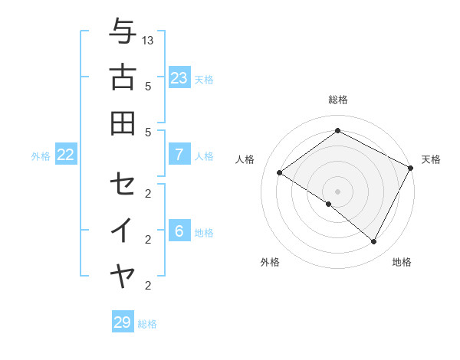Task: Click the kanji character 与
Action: pyautogui.click(x=123, y=32)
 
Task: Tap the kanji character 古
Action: pyautogui.click(x=123, y=77)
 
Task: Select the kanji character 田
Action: pyautogui.click(x=123, y=123)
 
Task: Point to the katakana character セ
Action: pyautogui.click(x=123, y=184)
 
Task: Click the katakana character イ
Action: pyautogui.click(x=123, y=230)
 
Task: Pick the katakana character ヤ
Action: pyautogui.click(x=123, y=275)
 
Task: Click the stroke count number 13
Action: pyautogui.click(x=149, y=40)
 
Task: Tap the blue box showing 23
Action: pyautogui.click(x=179, y=77)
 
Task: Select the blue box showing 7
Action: pyautogui.click(x=179, y=155)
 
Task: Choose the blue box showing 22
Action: pyautogui.click(x=65, y=155)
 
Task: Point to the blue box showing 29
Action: pyautogui.click(x=122, y=322)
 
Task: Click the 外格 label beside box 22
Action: pyautogui.click(x=41, y=156)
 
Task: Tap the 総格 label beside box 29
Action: pyautogui.click(x=147, y=324)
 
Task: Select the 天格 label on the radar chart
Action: pyautogui.click(x=431, y=159)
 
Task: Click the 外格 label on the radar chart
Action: pyautogui.click(x=270, y=262)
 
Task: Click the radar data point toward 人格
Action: pyautogui.click(x=279, y=172)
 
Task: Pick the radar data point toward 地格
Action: pyautogui.click(x=374, y=242)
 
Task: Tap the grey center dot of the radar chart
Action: pyautogui.click(x=337, y=191)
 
